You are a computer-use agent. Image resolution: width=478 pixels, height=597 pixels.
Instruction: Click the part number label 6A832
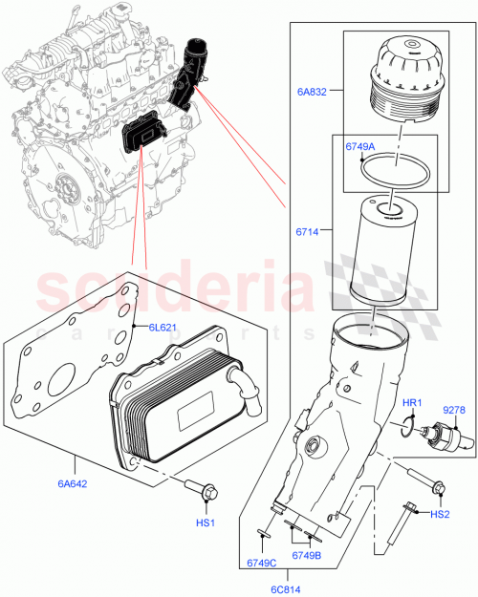[314, 92]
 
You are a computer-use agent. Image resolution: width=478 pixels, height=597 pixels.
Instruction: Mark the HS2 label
[439, 515]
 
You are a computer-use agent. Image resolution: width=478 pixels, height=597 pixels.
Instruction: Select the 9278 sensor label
[453, 411]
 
